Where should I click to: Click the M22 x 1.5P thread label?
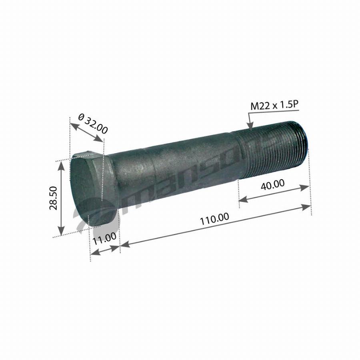274,105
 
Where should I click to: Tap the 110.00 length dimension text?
214,219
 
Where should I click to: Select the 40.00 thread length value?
273,184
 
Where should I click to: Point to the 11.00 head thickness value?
104,238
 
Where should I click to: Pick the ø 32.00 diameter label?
93,124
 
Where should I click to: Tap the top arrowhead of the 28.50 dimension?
61,165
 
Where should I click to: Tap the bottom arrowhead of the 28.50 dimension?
61,230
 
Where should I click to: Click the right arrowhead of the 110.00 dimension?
306,207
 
